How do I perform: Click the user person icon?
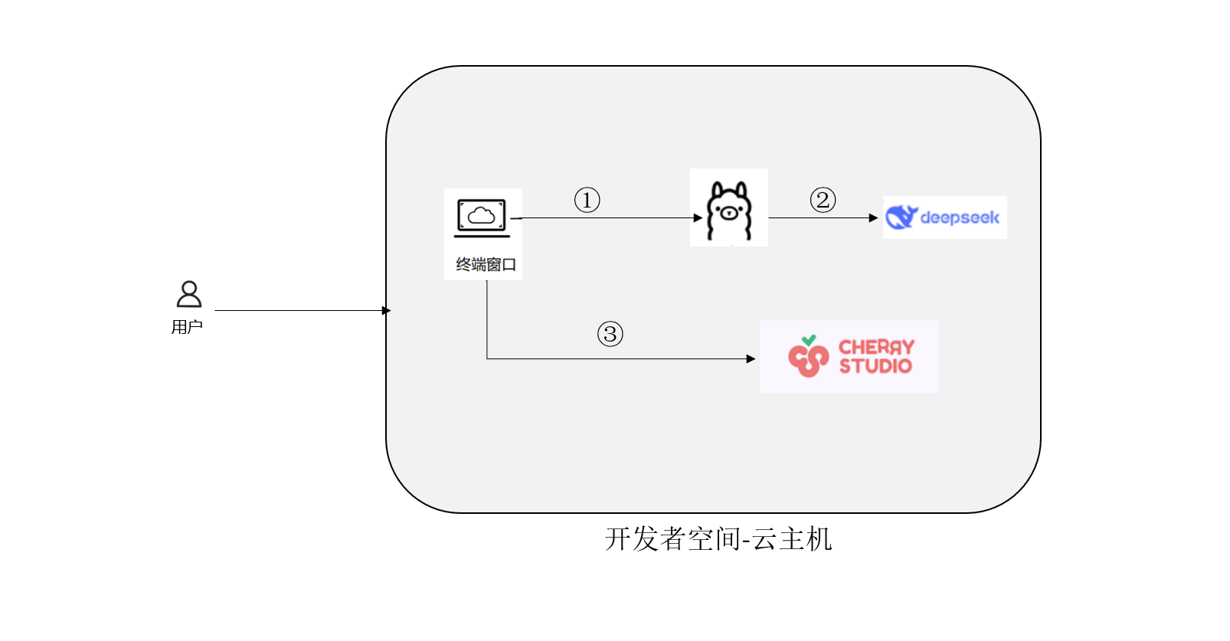coord(189,294)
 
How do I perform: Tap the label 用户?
coord(187,327)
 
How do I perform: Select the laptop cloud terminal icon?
coord(482,217)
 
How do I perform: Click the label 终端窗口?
coord(486,265)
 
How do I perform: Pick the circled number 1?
coord(587,201)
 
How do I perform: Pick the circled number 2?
coord(823,201)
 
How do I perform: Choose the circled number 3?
coord(610,335)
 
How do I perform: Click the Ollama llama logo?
coord(729,210)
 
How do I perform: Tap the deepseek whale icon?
coord(901,217)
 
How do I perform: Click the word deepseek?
coord(960,218)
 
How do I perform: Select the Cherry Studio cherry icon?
coord(808,357)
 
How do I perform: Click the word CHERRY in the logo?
coord(876,347)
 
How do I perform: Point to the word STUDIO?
coord(875,366)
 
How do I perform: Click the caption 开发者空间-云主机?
coord(718,539)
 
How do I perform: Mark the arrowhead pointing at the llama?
coord(698,218)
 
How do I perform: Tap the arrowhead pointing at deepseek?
coord(874,218)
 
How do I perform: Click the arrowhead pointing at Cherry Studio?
coord(751,358)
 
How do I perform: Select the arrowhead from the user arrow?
coord(387,310)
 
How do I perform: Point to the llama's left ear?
coord(717,189)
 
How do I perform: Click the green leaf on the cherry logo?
coord(809,340)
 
